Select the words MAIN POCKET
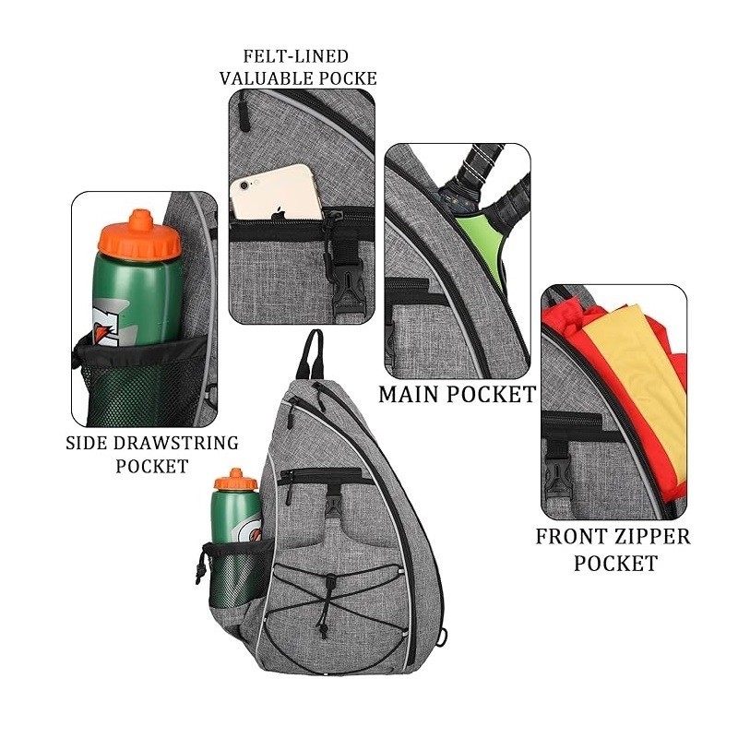point(457,395)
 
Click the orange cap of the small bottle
point(234,479)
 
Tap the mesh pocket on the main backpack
point(230,577)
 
